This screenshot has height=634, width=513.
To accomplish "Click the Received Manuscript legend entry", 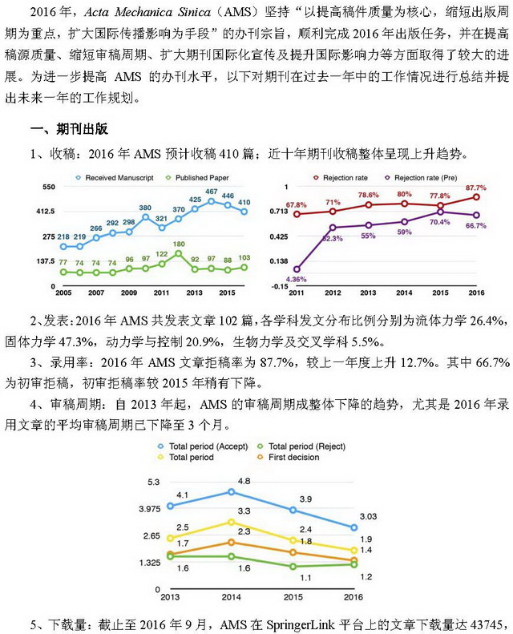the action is (115, 177).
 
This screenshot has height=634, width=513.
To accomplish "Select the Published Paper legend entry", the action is (197, 177).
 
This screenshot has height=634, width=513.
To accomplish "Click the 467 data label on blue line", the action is (212, 192).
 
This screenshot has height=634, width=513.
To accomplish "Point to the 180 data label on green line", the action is (179, 244).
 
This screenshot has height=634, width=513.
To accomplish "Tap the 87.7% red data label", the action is (476, 188).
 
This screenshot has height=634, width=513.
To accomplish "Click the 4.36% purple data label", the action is (296, 279).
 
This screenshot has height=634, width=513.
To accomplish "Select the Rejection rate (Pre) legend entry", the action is (421, 177).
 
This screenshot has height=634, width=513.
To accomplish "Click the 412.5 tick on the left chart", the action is (45, 211).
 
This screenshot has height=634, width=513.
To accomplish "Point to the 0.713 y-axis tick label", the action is (278, 211).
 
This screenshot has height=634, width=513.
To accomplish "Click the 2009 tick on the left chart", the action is (128, 293).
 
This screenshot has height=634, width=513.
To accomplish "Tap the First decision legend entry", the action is (289, 458).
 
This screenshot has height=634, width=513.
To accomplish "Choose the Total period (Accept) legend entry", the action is (203, 446).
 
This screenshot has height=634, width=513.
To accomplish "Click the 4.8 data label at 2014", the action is (244, 481).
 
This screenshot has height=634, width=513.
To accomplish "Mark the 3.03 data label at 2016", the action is (368, 516).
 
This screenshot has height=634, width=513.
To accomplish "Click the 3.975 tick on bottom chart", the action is (150, 509).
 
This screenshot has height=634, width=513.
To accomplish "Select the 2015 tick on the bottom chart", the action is (293, 597).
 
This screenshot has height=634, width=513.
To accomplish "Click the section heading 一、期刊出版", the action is (70, 129).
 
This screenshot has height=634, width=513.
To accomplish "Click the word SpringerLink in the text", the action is (301, 624).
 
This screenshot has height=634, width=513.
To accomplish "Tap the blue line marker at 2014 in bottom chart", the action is (231, 492).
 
